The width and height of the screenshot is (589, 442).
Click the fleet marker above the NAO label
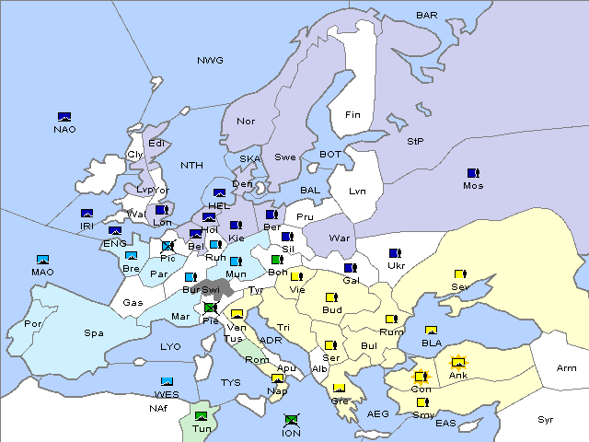coord(64,117)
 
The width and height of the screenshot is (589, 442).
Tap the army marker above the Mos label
coord(473,173)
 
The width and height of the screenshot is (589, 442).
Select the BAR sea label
coord(427,16)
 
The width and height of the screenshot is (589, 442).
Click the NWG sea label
coord(210,61)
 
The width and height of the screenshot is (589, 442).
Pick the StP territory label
coord(415,142)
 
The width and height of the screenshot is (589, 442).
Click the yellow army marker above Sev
coord(459,274)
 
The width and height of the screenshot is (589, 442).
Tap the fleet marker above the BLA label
coord(431,331)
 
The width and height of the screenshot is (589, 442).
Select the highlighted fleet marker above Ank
coord(457,361)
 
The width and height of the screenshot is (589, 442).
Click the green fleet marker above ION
coord(291,420)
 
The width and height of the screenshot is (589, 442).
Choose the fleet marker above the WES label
coord(167,381)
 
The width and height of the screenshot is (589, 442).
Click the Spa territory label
coord(94,332)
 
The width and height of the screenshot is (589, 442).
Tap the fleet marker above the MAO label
coord(42,260)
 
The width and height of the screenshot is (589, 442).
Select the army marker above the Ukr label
coord(395,253)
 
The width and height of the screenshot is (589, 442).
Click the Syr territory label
coord(547,419)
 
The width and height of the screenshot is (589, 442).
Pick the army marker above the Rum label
coord(391,320)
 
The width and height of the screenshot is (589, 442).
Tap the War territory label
coord(341,238)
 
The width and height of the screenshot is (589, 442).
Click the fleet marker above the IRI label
coord(87,214)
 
